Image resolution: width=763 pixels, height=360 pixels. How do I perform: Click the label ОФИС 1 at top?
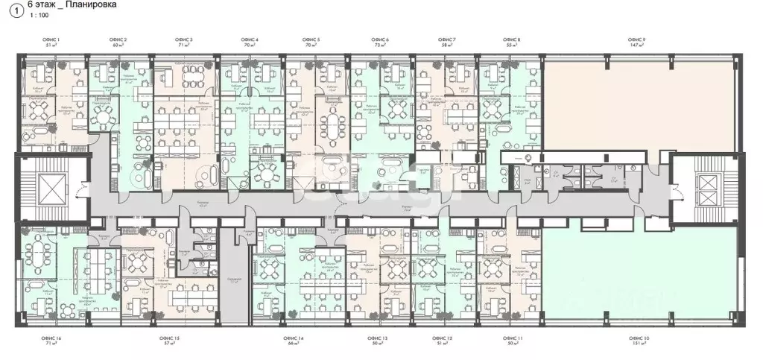pyautogui.click(x=53, y=39)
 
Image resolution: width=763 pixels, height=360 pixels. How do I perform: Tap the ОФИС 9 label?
pyautogui.click(x=636, y=39)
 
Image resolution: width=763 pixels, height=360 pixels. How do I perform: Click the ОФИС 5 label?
pyautogui.click(x=312, y=39)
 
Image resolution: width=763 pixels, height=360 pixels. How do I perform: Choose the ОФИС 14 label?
pyautogui.click(x=293, y=339)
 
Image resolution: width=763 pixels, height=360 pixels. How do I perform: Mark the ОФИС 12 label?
pyautogui.click(x=443, y=339)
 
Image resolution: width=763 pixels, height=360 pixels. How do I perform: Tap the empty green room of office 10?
pyautogui.click(x=640, y=272)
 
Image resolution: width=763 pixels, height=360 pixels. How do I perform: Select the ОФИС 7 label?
pyautogui.click(x=447, y=39)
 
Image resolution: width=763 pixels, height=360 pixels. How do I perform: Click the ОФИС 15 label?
pyautogui.click(x=173, y=339)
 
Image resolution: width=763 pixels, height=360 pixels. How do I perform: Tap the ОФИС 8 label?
pyautogui.click(x=511, y=39)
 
